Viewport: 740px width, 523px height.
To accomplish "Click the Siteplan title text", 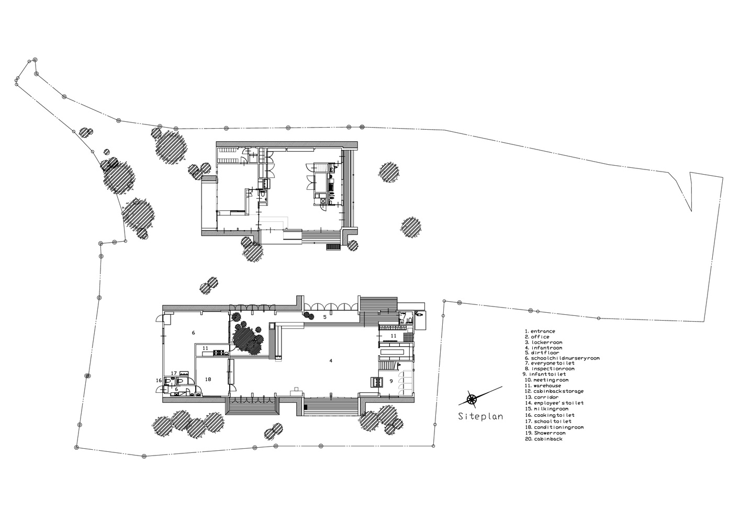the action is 480,416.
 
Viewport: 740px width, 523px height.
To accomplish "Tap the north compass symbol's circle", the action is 472,399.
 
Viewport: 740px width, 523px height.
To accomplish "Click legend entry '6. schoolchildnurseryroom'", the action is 562,358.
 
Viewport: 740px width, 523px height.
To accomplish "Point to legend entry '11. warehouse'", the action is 543,385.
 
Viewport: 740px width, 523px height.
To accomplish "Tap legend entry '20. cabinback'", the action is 543,439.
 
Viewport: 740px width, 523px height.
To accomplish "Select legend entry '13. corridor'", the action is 541,397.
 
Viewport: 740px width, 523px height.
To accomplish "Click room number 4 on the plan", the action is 331,361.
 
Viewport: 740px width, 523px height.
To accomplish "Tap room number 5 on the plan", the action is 325,317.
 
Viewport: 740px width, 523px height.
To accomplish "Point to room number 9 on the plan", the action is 391,381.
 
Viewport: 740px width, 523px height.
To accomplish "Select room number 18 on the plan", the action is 208,379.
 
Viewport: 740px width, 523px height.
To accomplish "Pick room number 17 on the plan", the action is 174,373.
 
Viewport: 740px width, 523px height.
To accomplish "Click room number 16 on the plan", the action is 159,380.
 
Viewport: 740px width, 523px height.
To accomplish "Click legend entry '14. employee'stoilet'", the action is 554,403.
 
